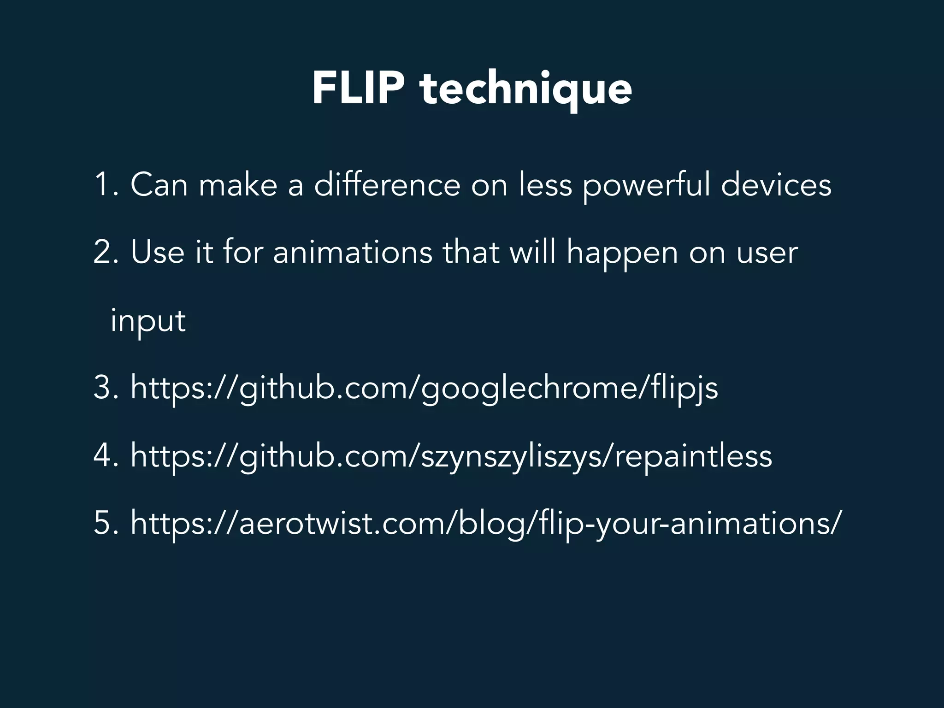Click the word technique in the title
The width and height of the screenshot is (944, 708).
pos(525,90)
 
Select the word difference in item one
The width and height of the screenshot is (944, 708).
pos(387,185)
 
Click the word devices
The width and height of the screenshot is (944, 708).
pos(776,185)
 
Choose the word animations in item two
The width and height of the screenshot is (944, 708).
pos(353,253)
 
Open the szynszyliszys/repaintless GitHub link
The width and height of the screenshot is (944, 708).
pos(451,456)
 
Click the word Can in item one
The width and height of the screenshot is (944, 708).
pos(159,185)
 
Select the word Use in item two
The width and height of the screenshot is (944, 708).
pos(157,253)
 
